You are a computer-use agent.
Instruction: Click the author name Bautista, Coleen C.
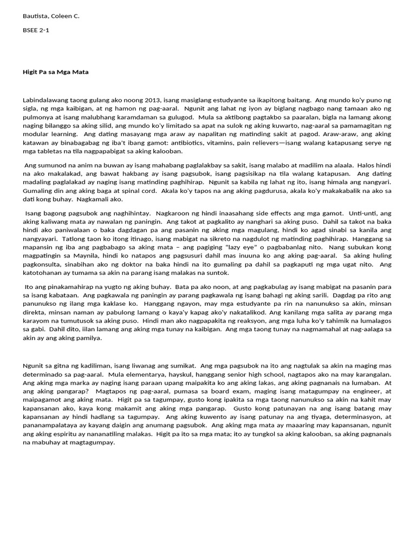click(51, 16)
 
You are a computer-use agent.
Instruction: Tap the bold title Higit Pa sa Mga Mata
click(55, 72)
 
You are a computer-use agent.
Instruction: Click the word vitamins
click(211, 143)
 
